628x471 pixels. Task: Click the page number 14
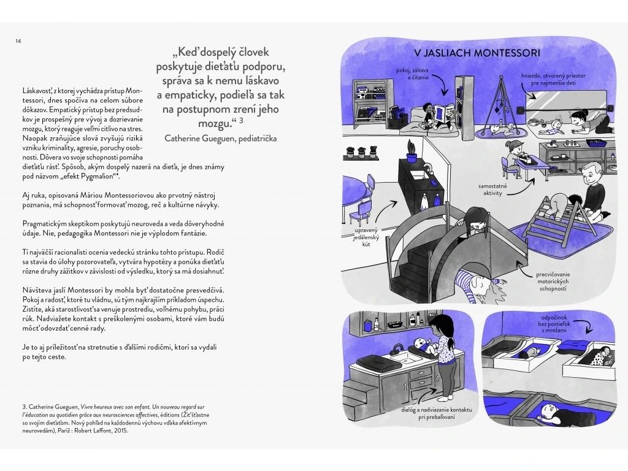(18, 40)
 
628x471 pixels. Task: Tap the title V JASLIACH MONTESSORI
(477, 53)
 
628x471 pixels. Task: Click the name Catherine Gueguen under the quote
(220, 138)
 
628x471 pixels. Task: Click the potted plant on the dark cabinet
(412, 150)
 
